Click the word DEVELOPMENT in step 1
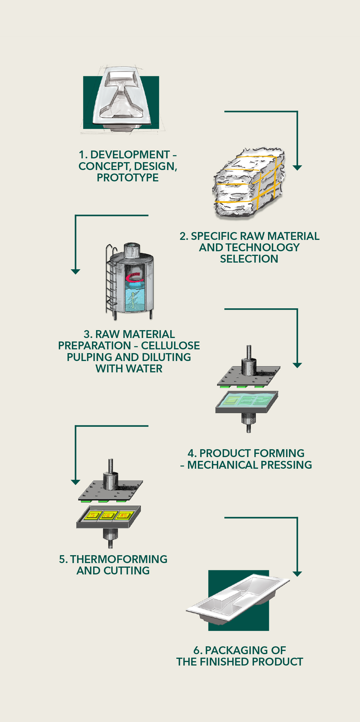[x=130, y=155]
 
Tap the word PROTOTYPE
[x=128, y=178]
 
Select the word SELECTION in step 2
[x=249, y=259]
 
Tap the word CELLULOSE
[x=171, y=346]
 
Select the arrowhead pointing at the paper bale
[x=297, y=168]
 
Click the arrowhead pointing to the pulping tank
[x=75, y=272]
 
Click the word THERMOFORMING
[x=119, y=559]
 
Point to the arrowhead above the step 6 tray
[x=297, y=574]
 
